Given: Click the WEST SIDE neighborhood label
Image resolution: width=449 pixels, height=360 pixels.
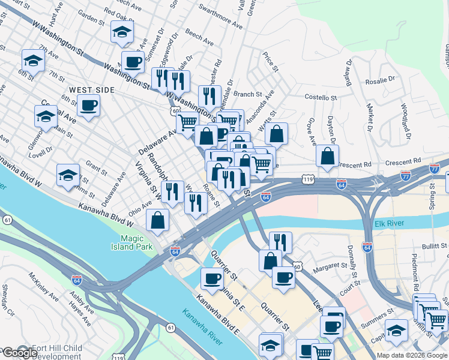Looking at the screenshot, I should pos(91,89).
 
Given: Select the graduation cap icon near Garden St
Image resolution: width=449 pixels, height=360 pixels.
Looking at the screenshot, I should pos(122,32).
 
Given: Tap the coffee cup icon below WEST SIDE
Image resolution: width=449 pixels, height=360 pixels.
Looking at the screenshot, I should pos(88,105).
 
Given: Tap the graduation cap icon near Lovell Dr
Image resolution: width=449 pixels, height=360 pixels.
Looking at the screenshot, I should pos(46,116).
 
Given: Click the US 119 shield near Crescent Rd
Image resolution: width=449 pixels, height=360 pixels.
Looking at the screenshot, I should pos(309,179).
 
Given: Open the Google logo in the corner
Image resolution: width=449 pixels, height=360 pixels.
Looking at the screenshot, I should pos(19,352).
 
